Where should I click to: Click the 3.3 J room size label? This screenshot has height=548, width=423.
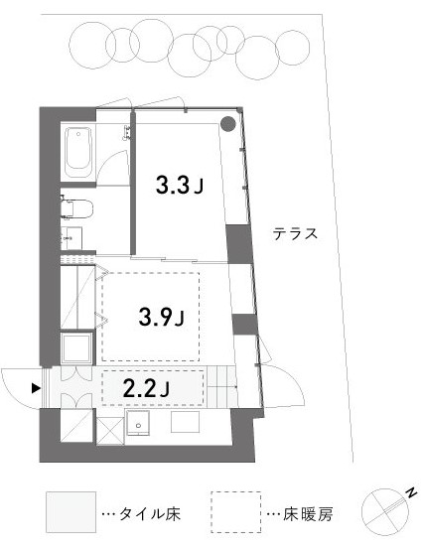pyautogui.click(x=180, y=185)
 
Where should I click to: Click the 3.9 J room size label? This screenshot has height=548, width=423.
pyautogui.click(x=162, y=317)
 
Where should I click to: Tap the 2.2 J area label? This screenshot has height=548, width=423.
pyautogui.click(x=147, y=388)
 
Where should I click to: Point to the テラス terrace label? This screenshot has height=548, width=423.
pyautogui.click(x=295, y=233)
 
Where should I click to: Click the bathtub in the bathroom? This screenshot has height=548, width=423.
pyautogui.click(x=78, y=153)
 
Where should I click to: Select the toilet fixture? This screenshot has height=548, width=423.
pyautogui.click(x=76, y=208)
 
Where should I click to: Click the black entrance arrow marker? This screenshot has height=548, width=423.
pyautogui.click(x=36, y=388)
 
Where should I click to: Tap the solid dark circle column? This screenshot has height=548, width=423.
pyautogui.click(x=228, y=123)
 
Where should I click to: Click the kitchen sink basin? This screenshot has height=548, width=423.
pyautogui.click(x=138, y=422)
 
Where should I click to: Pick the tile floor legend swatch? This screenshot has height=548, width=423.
pyautogui.click(x=70, y=512)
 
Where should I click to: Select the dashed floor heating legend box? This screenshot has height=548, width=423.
pyautogui.click(x=236, y=512)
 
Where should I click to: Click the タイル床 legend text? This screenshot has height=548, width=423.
pyautogui.click(x=150, y=514)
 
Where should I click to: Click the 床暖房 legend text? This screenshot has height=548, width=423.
pyautogui.click(x=308, y=514)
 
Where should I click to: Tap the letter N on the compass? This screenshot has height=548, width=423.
pyautogui.click(x=412, y=492)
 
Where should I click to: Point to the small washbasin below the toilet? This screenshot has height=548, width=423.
pyautogui.click(x=71, y=238)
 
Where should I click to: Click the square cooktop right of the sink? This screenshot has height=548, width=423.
pyautogui.click(x=185, y=422)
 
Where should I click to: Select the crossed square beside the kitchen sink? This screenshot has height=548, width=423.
pyautogui.click(x=110, y=431)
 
